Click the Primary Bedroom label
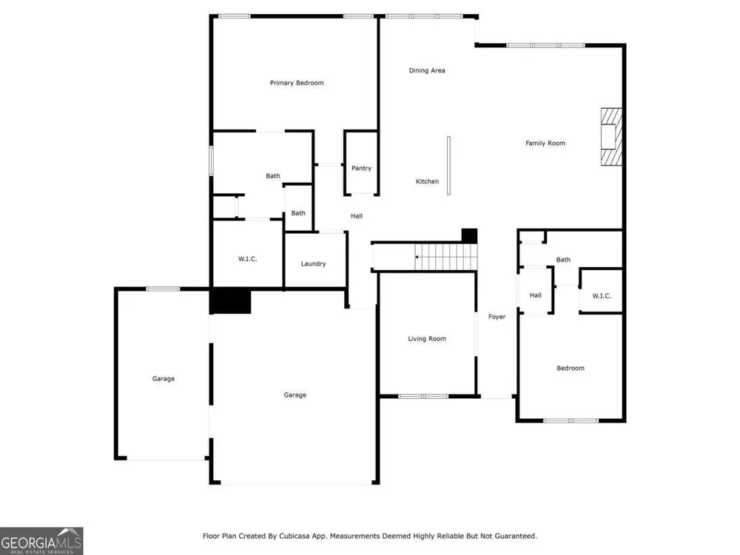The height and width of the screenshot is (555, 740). pyautogui.click(x=297, y=83)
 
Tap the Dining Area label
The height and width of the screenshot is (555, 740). pyautogui.click(x=427, y=70)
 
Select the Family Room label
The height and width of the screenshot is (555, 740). pyautogui.click(x=545, y=143)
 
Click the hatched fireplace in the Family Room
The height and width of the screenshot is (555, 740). pyautogui.click(x=611, y=137)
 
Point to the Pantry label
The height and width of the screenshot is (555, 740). pyautogui.click(x=362, y=168)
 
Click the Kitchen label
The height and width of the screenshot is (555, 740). pyautogui.click(x=427, y=181)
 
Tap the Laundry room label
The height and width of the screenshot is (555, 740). pyautogui.click(x=313, y=264)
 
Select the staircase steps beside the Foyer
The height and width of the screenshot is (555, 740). pyautogui.click(x=446, y=258)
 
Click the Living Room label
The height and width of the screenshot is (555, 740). pyautogui.click(x=427, y=338)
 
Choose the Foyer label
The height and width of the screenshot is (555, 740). pyautogui.click(x=497, y=317)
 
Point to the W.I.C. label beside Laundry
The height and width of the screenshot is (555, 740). pyautogui.click(x=247, y=258)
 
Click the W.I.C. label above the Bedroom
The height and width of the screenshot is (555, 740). pyautogui.click(x=602, y=296)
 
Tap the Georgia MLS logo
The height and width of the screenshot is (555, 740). pyautogui.click(x=41, y=541)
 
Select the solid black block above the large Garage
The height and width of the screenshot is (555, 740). pyautogui.click(x=230, y=301)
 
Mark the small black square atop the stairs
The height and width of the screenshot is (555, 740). pyautogui.click(x=469, y=235)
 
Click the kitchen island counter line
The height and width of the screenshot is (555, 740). pyautogui.click(x=448, y=166)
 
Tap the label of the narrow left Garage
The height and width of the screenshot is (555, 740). pyautogui.click(x=164, y=378)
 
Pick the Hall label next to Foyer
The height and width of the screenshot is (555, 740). pyautogui.click(x=535, y=295)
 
